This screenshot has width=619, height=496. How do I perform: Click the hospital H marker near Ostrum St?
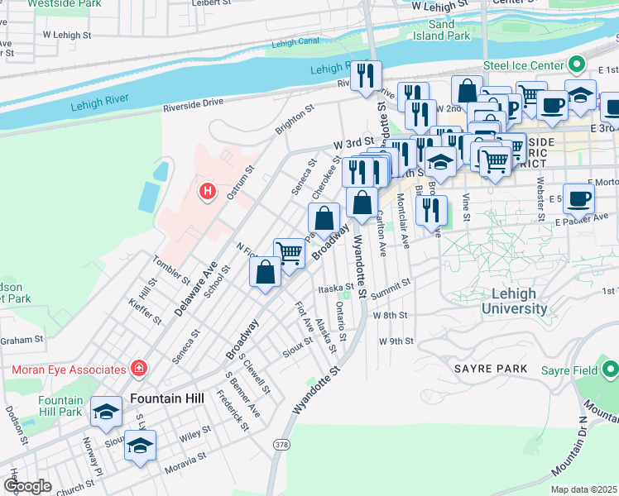[208, 192]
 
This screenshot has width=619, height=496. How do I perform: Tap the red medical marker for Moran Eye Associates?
[140, 368]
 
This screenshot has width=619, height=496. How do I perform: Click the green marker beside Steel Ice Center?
[577, 64]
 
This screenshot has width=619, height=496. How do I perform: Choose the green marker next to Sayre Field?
[610, 370]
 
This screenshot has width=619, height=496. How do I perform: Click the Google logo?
[27, 486]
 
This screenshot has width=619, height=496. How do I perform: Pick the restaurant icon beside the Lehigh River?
[365, 76]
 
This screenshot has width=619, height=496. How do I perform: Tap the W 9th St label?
[396, 341]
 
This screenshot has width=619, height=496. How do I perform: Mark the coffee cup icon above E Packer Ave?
[579, 198]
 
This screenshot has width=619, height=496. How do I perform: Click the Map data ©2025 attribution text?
[584, 489]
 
